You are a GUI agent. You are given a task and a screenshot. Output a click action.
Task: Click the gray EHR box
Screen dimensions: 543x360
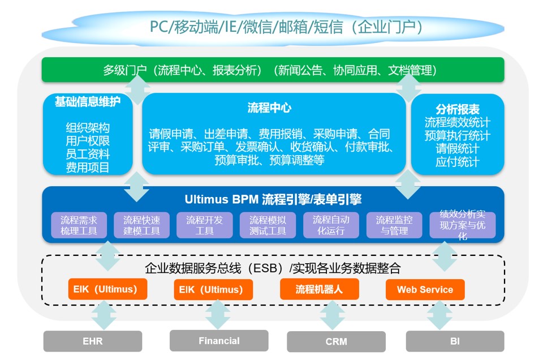(x=92, y=341)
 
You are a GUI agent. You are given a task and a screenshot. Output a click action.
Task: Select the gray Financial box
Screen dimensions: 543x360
(x=219, y=341)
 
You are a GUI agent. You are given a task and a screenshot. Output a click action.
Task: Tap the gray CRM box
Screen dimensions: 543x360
(x=336, y=342)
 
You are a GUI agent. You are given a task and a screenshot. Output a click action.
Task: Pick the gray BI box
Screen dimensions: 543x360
(x=455, y=341)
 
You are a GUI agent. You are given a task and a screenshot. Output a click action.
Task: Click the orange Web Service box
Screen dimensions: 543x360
(x=425, y=289)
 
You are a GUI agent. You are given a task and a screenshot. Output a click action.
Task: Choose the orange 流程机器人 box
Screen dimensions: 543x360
(x=319, y=289)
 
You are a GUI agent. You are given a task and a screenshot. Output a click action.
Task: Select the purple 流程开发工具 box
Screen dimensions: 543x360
(x=204, y=225)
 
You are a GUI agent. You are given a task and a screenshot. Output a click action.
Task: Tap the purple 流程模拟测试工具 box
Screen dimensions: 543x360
(x=268, y=225)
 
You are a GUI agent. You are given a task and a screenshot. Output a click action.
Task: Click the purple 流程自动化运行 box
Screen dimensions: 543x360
(x=331, y=225)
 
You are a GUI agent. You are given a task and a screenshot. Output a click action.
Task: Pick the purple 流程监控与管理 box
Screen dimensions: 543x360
(x=394, y=225)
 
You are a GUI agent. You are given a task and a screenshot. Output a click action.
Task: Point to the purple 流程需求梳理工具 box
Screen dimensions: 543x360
(x=79, y=225)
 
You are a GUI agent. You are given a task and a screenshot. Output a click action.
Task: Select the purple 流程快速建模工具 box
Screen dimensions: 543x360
(x=141, y=225)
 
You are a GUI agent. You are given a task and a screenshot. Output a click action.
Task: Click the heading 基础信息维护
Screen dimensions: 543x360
(x=88, y=101)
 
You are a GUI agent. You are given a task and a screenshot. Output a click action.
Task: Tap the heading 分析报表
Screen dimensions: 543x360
(x=458, y=109)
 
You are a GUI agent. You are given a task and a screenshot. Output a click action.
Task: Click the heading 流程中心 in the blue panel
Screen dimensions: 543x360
(x=269, y=108)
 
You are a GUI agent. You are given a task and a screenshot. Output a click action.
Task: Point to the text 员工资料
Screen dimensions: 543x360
(x=88, y=154)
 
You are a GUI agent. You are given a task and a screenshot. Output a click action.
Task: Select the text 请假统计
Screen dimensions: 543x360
(x=458, y=149)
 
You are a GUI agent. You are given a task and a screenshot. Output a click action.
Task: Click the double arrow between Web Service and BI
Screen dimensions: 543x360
(x=439, y=315)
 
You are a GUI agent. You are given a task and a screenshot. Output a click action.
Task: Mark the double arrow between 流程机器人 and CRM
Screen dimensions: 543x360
(x=333, y=315)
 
